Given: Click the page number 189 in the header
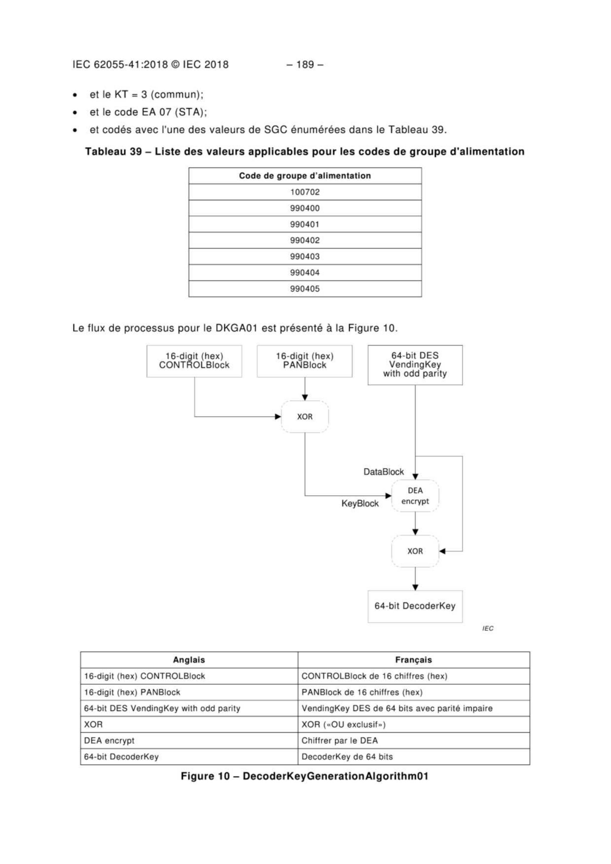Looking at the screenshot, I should click(304, 64).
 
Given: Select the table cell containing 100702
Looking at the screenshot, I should click(304, 192).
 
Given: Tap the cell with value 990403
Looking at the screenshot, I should click(304, 256).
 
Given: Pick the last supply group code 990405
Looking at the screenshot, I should click(304, 289).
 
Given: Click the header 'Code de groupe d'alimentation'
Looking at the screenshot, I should click(304, 176).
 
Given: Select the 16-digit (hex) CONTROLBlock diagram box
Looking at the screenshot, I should click(194, 361).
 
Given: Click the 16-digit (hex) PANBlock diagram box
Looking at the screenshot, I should click(304, 361).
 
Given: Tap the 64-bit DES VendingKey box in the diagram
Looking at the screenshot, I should click(415, 365).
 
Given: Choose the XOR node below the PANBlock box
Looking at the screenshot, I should click(304, 417).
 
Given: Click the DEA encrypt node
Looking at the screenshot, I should click(415, 496).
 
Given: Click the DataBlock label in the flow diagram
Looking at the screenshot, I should click(383, 472).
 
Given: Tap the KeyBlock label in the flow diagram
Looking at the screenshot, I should click(360, 504).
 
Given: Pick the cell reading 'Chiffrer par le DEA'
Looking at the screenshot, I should click(340, 740).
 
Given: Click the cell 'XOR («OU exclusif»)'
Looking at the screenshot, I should click(343, 725).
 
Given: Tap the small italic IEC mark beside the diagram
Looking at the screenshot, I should click(487, 628).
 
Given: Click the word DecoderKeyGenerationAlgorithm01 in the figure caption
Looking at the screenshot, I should click(336, 776).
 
